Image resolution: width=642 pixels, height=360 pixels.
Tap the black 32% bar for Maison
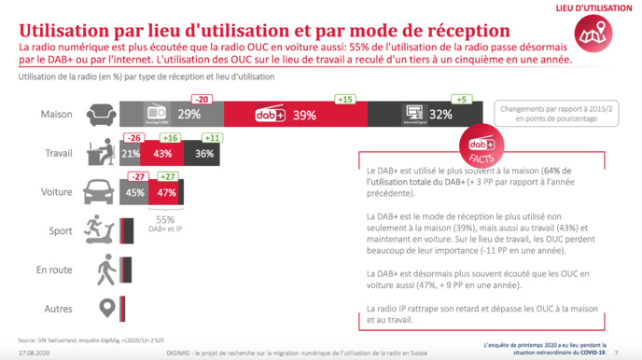pyautogui.click(x=424, y=114)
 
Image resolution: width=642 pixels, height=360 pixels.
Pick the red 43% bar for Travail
pyautogui.click(x=162, y=153)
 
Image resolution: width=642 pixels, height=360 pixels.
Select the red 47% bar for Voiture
pyautogui.click(x=167, y=193)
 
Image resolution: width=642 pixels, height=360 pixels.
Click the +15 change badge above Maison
pyautogui.click(x=345, y=99)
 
